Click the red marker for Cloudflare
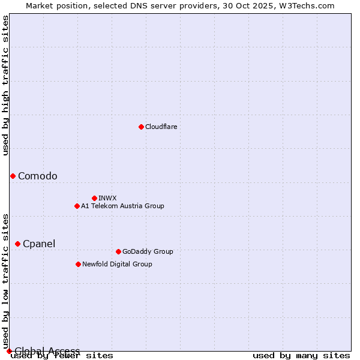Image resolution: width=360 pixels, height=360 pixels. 141,127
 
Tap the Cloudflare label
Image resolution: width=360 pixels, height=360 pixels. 161,127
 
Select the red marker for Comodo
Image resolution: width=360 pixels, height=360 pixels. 13,176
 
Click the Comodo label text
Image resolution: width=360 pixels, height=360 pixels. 38,176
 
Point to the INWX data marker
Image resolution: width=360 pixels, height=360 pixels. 94,198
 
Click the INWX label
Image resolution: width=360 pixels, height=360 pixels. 107,198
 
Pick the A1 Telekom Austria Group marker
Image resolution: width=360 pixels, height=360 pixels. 77,206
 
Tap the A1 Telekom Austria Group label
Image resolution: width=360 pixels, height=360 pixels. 122,206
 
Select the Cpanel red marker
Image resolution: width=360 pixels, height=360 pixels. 17,244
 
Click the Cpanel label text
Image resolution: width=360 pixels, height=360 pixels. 39,244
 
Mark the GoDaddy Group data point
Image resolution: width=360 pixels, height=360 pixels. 118,251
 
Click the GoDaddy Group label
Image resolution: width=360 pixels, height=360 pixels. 148,251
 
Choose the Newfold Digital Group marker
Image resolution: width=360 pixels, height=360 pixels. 78,264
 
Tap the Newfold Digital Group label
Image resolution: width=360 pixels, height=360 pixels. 117,264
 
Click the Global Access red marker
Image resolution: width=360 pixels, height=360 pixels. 9,351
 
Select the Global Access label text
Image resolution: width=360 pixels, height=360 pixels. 47,351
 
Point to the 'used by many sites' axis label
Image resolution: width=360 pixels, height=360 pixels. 301,356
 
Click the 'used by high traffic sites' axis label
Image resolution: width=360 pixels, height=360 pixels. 5,85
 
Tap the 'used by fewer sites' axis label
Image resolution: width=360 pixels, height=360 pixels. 62,356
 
